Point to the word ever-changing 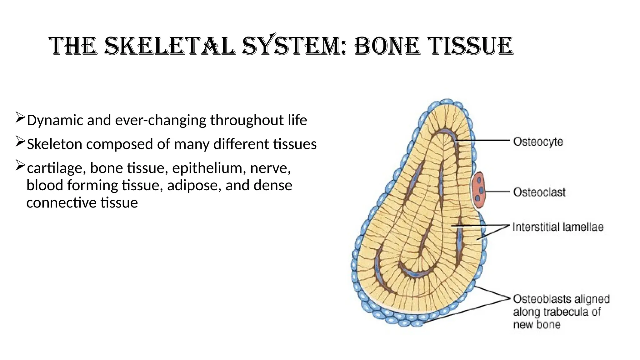pyautogui.click(x=161, y=120)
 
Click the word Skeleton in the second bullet pyautogui.click(x=54, y=144)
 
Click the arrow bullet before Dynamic pyautogui.click(x=20, y=118)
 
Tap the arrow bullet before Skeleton pyautogui.click(x=20, y=142)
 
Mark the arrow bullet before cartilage pyautogui.click(x=20, y=166)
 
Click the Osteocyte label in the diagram pyautogui.click(x=538, y=142)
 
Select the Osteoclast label pyautogui.click(x=539, y=192)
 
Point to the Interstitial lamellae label pyautogui.click(x=558, y=227)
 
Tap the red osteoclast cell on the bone pyautogui.click(x=479, y=190)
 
